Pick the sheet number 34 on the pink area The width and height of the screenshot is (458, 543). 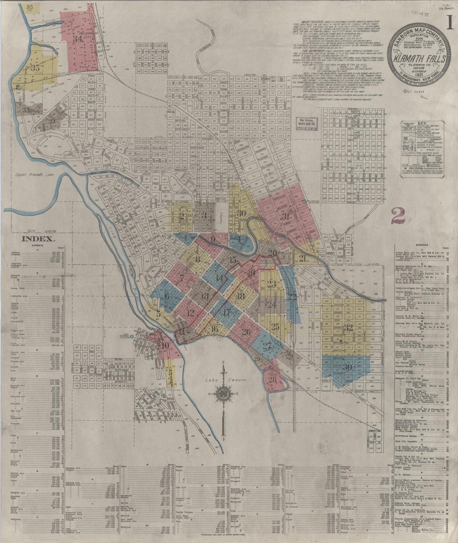pos(77,39)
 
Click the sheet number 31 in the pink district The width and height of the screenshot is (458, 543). pos(286,217)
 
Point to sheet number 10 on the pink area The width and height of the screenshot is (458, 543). pos(164,346)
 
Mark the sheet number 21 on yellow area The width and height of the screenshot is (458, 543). pos(303,259)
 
